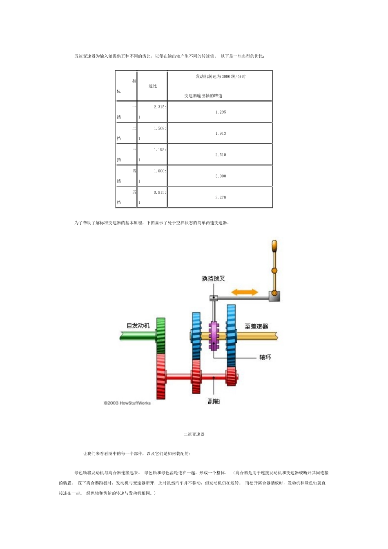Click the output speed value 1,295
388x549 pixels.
[x=221, y=112]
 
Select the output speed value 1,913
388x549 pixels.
[x=221, y=133]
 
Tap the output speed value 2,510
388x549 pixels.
[x=221, y=155]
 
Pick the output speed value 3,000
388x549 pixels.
[x=221, y=176]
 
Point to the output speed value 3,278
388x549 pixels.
[x=221, y=197]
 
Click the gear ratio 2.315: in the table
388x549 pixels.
[x=160, y=107]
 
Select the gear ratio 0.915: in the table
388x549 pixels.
[x=160, y=192]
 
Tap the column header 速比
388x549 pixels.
[x=153, y=86]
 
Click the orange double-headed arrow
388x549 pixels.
[x=245, y=292]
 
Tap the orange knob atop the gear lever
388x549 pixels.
[x=274, y=247]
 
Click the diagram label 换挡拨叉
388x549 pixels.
[x=213, y=279]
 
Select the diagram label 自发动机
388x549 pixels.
[x=138, y=325]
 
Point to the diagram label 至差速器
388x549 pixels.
[x=256, y=326]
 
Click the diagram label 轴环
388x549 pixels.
[x=265, y=357]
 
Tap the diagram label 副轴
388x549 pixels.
[x=214, y=402]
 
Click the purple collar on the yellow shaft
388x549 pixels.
[x=214, y=336]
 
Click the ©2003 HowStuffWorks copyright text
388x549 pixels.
[x=127, y=403]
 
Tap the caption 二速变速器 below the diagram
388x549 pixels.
[x=194, y=434]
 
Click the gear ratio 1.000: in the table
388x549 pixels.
[x=160, y=171]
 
